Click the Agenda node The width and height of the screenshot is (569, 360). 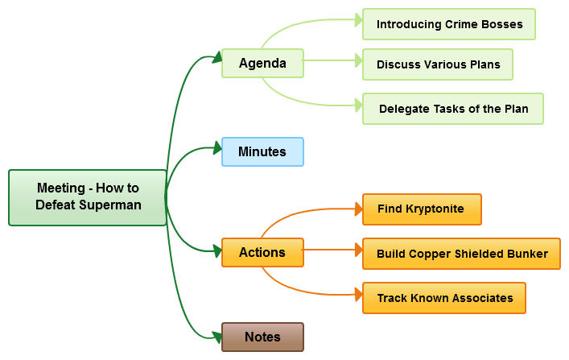click(x=262, y=64)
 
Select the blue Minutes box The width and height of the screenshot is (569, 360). click(x=262, y=151)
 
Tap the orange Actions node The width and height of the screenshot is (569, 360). click(x=262, y=252)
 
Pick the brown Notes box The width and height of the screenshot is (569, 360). click(x=262, y=337)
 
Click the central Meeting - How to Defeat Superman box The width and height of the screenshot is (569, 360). click(x=88, y=197)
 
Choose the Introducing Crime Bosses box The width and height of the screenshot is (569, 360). click(x=449, y=24)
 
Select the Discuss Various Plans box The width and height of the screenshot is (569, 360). click(x=438, y=64)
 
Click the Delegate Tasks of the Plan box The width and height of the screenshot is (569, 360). click(x=453, y=109)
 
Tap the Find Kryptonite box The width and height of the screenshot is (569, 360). click(x=422, y=209)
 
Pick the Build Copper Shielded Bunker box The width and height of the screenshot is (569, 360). click(x=462, y=254)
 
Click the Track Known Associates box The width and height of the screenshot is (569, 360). click(x=444, y=298)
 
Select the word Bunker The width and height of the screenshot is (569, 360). click(x=528, y=254)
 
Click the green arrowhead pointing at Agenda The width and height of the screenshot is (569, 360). click(x=216, y=57)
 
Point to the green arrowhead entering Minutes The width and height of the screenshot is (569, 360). click(x=216, y=147)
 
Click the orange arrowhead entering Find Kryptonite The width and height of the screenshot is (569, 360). click(x=358, y=209)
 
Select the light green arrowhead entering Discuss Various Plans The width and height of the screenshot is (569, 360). click(x=358, y=60)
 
